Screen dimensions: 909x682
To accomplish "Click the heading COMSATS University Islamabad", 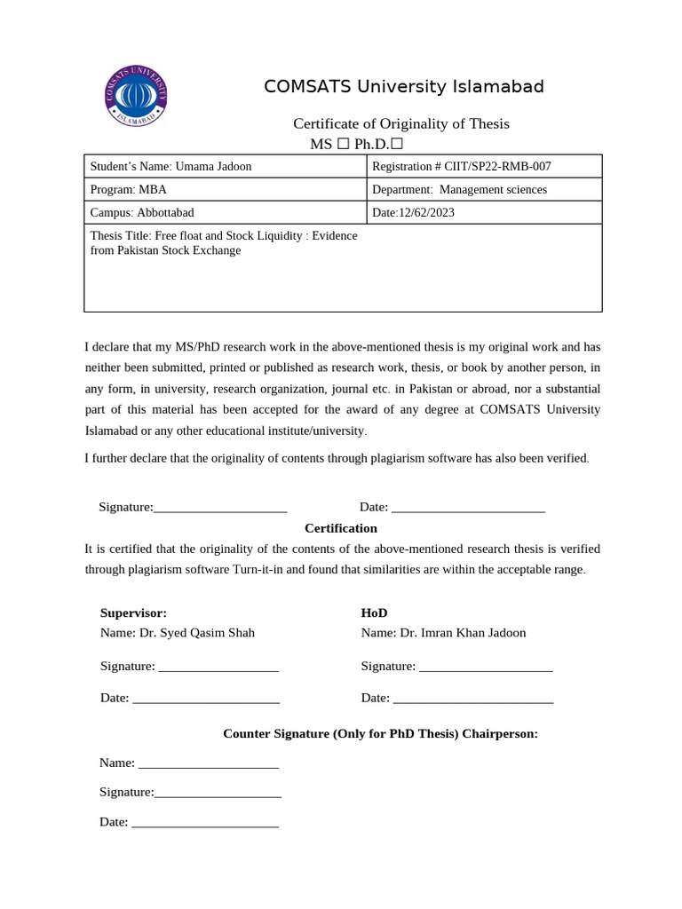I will [x=403, y=87].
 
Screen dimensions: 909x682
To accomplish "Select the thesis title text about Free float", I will [x=224, y=242].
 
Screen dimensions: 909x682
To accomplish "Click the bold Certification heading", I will [x=341, y=528].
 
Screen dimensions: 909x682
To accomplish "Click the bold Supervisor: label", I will [x=133, y=613].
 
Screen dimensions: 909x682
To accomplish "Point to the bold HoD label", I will [x=374, y=613].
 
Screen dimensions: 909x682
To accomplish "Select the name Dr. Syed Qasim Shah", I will [x=197, y=633].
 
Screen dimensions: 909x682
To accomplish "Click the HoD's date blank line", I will [x=472, y=700].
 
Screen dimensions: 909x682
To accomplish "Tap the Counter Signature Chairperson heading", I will [x=380, y=734].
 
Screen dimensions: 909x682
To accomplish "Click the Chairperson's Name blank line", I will [x=209, y=764].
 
